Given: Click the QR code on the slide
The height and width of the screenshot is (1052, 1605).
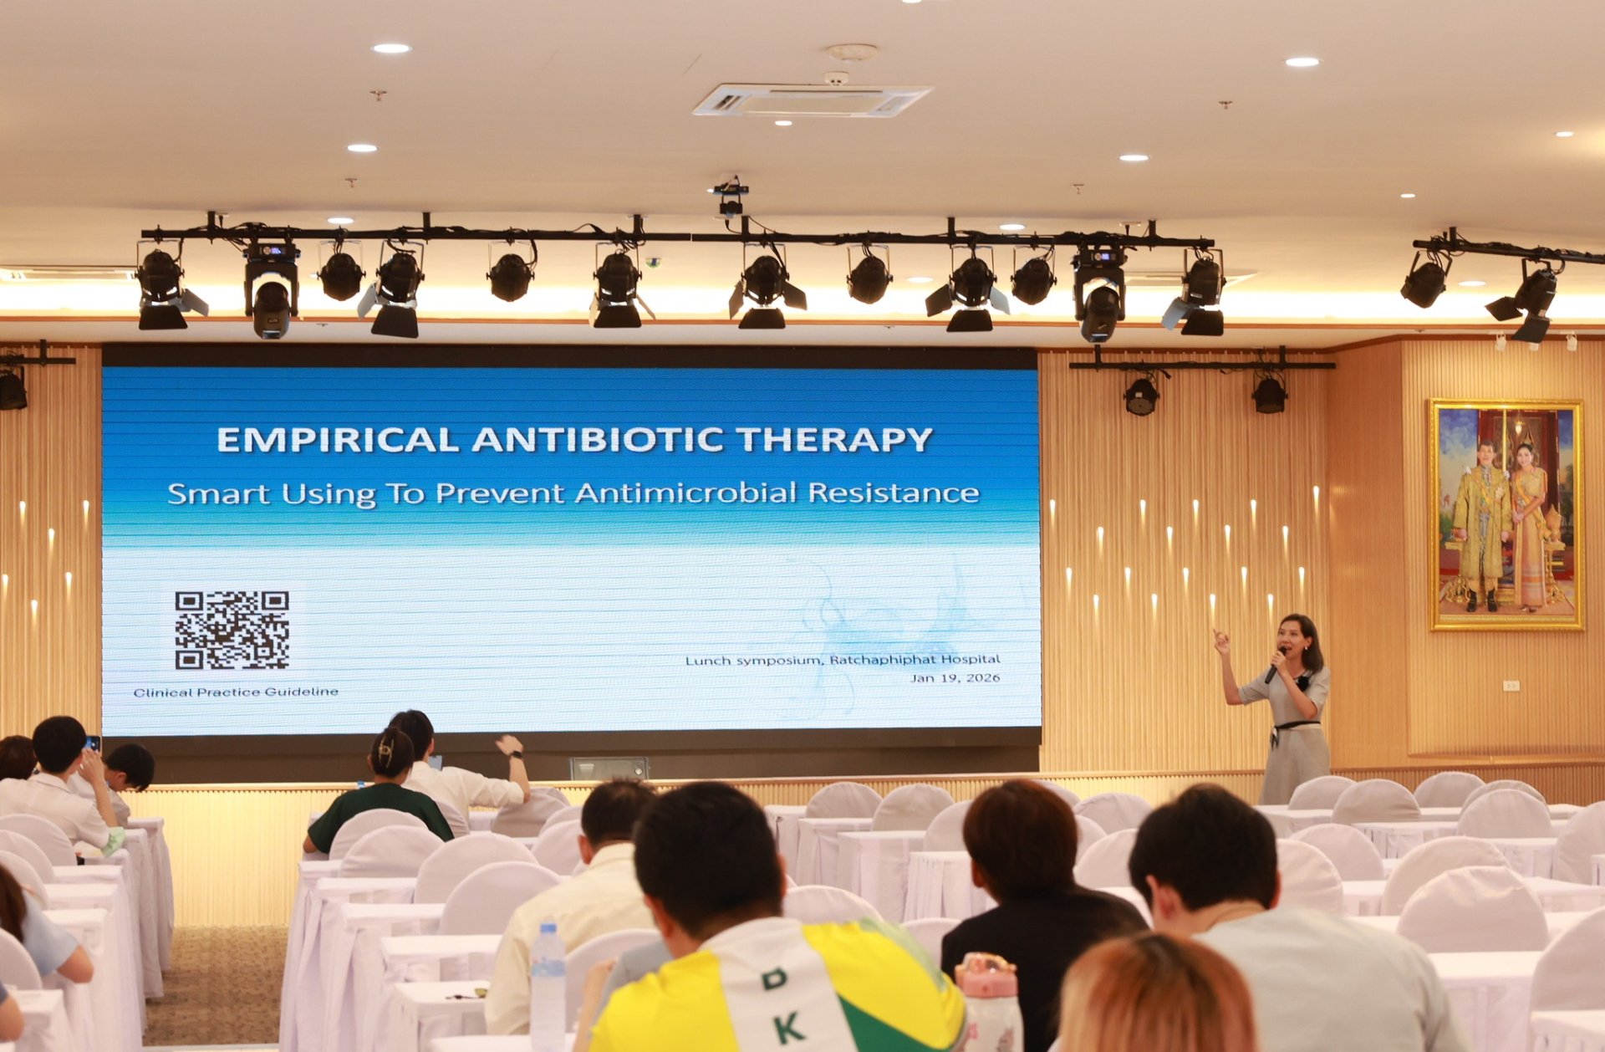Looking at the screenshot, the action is point(232,630).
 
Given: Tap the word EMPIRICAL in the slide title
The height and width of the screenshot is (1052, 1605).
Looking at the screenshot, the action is point(338,440).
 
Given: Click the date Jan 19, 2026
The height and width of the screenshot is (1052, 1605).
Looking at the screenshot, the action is point(955,678).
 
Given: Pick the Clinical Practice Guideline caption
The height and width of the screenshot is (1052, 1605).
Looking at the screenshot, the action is point(236,692).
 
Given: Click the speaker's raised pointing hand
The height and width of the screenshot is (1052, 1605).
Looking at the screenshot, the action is point(1221,641).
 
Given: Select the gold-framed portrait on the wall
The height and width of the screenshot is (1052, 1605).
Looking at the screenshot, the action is point(1506,514).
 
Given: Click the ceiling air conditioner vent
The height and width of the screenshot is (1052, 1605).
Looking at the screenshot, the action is point(811,100).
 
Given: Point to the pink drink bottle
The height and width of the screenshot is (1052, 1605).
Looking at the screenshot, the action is point(989,1002).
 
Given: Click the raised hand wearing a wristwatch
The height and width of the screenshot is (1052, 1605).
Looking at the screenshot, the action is point(512,746).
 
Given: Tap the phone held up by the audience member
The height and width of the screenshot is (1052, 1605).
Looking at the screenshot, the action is point(93,743).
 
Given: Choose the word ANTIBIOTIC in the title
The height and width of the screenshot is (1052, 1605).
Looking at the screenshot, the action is point(598,440).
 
